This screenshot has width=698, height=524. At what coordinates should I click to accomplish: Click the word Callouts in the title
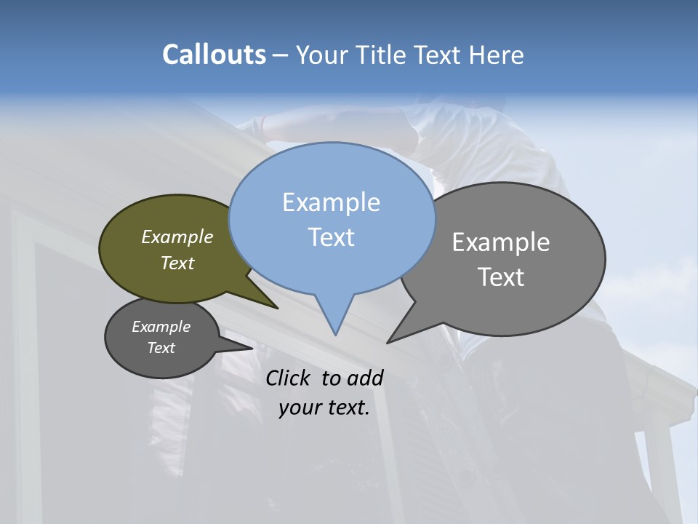point(214,55)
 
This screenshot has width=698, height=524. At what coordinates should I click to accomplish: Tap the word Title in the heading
point(382,55)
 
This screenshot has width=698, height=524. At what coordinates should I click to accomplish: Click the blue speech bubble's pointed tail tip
point(335,334)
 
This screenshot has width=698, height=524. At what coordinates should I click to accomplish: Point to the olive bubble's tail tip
point(277,308)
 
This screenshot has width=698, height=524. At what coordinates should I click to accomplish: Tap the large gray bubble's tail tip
point(388,341)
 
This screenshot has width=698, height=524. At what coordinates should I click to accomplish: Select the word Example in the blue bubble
point(331,202)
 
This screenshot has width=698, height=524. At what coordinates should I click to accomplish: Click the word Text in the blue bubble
point(331,237)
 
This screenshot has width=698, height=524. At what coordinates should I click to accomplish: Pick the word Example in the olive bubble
point(177,237)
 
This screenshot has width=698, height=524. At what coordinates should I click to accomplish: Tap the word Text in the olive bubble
point(177,263)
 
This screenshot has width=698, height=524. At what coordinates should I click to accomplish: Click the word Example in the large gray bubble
point(500,242)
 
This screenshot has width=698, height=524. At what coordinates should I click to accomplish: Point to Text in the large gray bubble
point(501,277)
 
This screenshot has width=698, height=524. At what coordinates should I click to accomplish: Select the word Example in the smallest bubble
point(161,327)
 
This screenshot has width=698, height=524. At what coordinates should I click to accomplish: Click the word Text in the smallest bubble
point(161,348)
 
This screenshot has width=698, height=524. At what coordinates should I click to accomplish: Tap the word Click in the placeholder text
point(289,378)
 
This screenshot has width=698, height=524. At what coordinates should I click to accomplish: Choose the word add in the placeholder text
point(365,378)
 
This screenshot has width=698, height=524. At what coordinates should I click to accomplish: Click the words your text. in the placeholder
point(324,408)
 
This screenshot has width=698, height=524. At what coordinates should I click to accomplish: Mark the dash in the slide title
point(281,55)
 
